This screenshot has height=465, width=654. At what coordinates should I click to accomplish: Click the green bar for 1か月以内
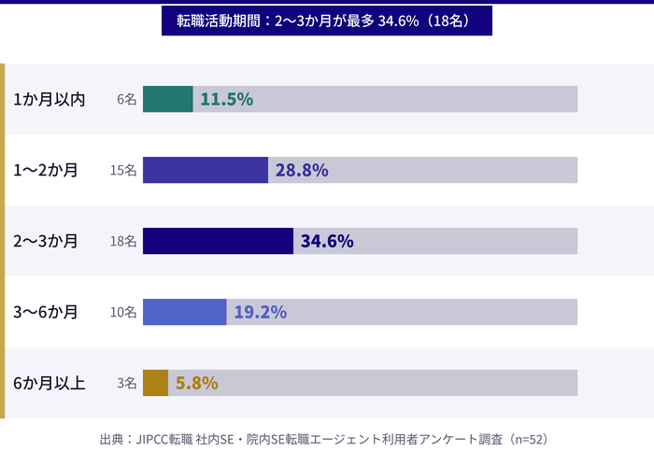pyautogui.click(x=168, y=99)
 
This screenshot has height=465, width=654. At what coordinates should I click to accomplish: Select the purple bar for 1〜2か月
pyautogui.click(x=206, y=170)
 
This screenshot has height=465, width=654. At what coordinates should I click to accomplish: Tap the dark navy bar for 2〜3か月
pyautogui.click(x=218, y=241)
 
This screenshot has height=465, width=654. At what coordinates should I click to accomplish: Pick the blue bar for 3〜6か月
pyautogui.click(x=185, y=312)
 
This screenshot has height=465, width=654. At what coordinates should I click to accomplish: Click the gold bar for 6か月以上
pyautogui.click(x=156, y=383)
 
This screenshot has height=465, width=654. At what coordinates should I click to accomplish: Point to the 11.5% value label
pyautogui.click(x=227, y=99)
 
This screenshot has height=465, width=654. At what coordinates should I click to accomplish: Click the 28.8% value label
pyautogui.click(x=302, y=170)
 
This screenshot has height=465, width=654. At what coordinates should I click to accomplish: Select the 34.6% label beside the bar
pyautogui.click(x=327, y=241)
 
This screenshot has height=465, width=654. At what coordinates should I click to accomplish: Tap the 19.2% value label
pyautogui.click(x=260, y=312)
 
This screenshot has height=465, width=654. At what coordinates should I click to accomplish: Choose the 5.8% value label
pyautogui.click(x=197, y=383)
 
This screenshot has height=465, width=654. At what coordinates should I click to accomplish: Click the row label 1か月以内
pyautogui.click(x=50, y=99)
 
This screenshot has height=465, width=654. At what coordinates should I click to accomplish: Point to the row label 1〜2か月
pyautogui.click(x=46, y=170)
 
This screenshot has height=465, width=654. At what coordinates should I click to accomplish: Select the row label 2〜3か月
pyautogui.click(x=46, y=241)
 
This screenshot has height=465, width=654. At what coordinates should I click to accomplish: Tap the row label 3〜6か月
pyautogui.click(x=46, y=312)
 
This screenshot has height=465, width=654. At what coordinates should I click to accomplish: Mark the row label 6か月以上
pyautogui.click(x=50, y=383)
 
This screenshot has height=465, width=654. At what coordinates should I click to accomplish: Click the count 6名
pyautogui.click(x=127, y=99)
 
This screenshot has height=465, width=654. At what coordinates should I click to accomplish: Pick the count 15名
pyautogui.click(x=123, y=170)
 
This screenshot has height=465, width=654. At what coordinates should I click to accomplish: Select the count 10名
pyautogui.click(x=123, y=312)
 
